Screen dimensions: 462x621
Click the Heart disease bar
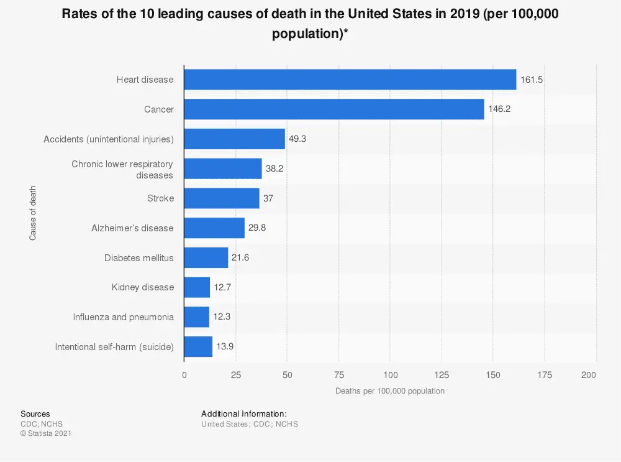[x=350, y=80]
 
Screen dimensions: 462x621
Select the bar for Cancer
[x=334, y=109]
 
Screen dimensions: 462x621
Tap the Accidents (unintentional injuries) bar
[x=234, y=139]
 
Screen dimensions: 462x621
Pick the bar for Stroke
[x=222, y=198]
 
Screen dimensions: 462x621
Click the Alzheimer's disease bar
[x=214, y=228]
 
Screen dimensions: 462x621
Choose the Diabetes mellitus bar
[x=206, y=257]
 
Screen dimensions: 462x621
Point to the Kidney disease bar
[x=197, y=287]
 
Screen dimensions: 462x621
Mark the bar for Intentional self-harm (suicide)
[x=198, y=346]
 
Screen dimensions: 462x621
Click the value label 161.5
[x=532, y=80]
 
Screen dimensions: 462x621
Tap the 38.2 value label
[x=275, y=169]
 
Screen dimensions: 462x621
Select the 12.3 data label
[x=222, y=317]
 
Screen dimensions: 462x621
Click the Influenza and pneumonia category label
[x=123, y=317]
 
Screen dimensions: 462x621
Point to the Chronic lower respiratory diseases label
[x=122, y=170]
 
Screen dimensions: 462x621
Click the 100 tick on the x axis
[x=390, y=375]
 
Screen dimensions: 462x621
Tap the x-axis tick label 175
[x=544, y=375]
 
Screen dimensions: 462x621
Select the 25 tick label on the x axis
[x=235, y=375]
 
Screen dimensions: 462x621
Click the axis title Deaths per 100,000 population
[x=390, y=391]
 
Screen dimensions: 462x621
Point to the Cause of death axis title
[x=32, y=213]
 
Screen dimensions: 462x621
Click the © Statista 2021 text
[x=46, y=433]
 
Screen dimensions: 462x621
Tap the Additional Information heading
[x=243, y=413]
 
